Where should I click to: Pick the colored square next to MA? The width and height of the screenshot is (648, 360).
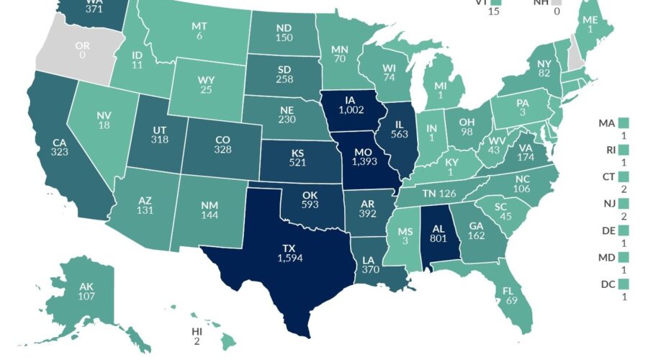[x=624, y=123]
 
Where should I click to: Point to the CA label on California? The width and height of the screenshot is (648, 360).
[x=60, y=143]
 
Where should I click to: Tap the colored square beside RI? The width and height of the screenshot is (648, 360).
[x=624, y=150]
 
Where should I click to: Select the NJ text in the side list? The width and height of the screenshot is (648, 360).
[x=606, y=203]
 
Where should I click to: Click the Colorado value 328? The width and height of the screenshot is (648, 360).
[x=222, y=149]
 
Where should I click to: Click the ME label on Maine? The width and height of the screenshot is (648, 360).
[x=590, y=20]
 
